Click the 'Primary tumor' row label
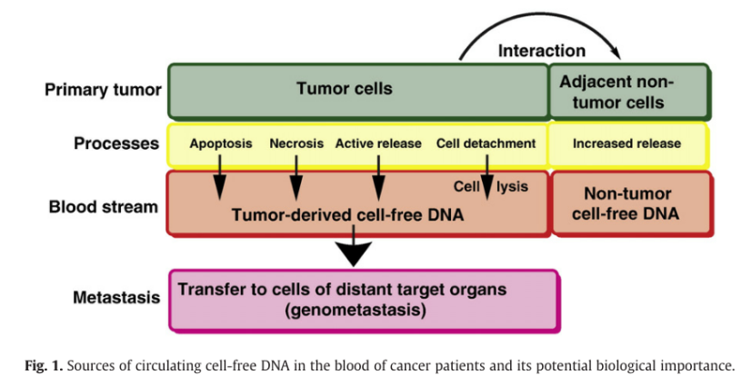pos(103,90)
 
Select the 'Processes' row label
pos(116,143)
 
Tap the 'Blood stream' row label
pos(103,206)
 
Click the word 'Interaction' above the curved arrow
pos(541,51)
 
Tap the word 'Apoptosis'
pos(221,143)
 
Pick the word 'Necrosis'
pos(296,143)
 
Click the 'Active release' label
pos(378,143)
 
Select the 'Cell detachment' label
pos(486,143)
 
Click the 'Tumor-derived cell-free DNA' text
pos(347,216)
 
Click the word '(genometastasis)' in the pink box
pos(356,310)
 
